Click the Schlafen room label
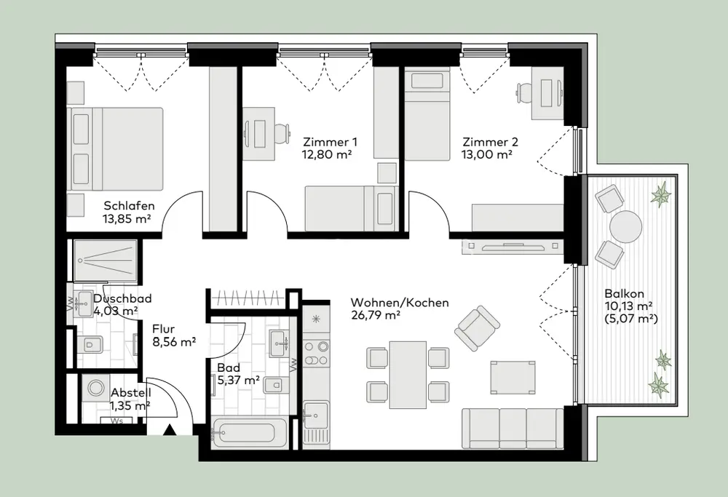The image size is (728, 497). coord(129,206)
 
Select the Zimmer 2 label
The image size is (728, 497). coord(490,142)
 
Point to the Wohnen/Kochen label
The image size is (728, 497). coord(400,303)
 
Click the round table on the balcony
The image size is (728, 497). coord(626,227)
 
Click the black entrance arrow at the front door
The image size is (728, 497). coord(170,431)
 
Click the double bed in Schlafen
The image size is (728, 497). coord(115,149)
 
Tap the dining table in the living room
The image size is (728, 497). coord(408,375)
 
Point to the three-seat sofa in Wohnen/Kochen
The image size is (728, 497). coord(513,429)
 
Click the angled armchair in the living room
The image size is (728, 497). coord(478,329)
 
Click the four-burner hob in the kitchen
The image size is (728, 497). coord(316,353)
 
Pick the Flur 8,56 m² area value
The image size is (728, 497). coord(174,343)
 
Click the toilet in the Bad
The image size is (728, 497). coord(273,385)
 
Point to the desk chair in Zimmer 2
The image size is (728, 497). coord(525,93)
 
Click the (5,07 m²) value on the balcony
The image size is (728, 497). coord(631,319)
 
